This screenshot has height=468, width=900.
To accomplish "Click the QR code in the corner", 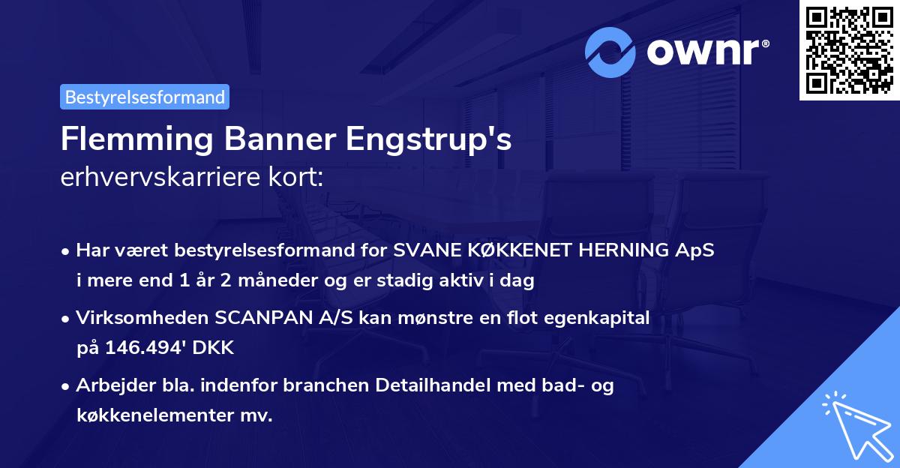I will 849,50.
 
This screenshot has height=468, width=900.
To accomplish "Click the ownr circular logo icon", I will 610,52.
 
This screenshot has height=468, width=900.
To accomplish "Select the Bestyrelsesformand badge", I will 145,97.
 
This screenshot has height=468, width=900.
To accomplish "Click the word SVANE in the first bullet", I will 419,251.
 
